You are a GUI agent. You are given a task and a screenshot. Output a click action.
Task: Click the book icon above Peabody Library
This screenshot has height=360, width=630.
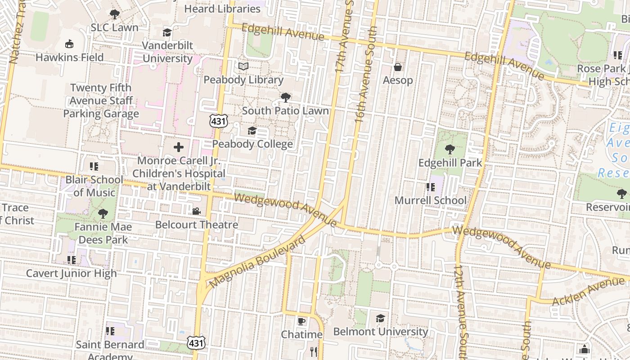pos(243,67)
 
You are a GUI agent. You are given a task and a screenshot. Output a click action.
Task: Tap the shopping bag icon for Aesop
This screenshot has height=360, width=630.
pos(398,67)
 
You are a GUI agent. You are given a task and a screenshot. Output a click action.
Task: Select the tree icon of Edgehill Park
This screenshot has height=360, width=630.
pos(450,149)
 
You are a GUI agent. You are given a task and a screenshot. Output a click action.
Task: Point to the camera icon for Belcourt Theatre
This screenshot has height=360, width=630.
pos(196,211)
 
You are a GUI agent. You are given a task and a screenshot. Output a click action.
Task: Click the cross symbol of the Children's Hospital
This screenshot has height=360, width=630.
pos(179,147)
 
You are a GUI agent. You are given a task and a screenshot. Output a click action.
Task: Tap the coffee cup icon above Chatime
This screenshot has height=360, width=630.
pos(301,321)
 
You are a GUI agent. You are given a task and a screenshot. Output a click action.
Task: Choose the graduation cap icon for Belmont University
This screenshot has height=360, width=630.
pos(381,318)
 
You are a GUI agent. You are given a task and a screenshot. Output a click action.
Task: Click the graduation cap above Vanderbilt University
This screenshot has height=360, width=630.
pos(167,32)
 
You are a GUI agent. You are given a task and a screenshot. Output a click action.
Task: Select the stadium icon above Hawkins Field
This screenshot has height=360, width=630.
pos(69,44)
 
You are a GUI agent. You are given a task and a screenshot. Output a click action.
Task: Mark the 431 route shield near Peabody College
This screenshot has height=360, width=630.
pos(218,120)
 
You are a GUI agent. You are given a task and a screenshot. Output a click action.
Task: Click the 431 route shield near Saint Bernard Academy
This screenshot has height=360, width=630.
pos(196,343)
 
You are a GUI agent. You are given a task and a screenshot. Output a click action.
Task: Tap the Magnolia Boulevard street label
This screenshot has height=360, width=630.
pos(257,262)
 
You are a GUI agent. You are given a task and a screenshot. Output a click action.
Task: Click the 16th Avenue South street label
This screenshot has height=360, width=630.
pos(365,75)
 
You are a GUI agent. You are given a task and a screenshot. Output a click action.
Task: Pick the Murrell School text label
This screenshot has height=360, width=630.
pos(430,200)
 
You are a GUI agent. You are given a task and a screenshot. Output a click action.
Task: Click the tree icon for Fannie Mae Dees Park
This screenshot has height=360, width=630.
pos(103,213)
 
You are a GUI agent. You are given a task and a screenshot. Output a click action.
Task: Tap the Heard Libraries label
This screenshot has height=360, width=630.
pos(222,9)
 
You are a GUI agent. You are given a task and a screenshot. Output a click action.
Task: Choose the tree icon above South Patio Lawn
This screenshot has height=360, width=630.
pos(285,97)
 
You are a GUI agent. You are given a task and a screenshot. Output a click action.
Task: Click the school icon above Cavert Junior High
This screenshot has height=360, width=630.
pos(71,260)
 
